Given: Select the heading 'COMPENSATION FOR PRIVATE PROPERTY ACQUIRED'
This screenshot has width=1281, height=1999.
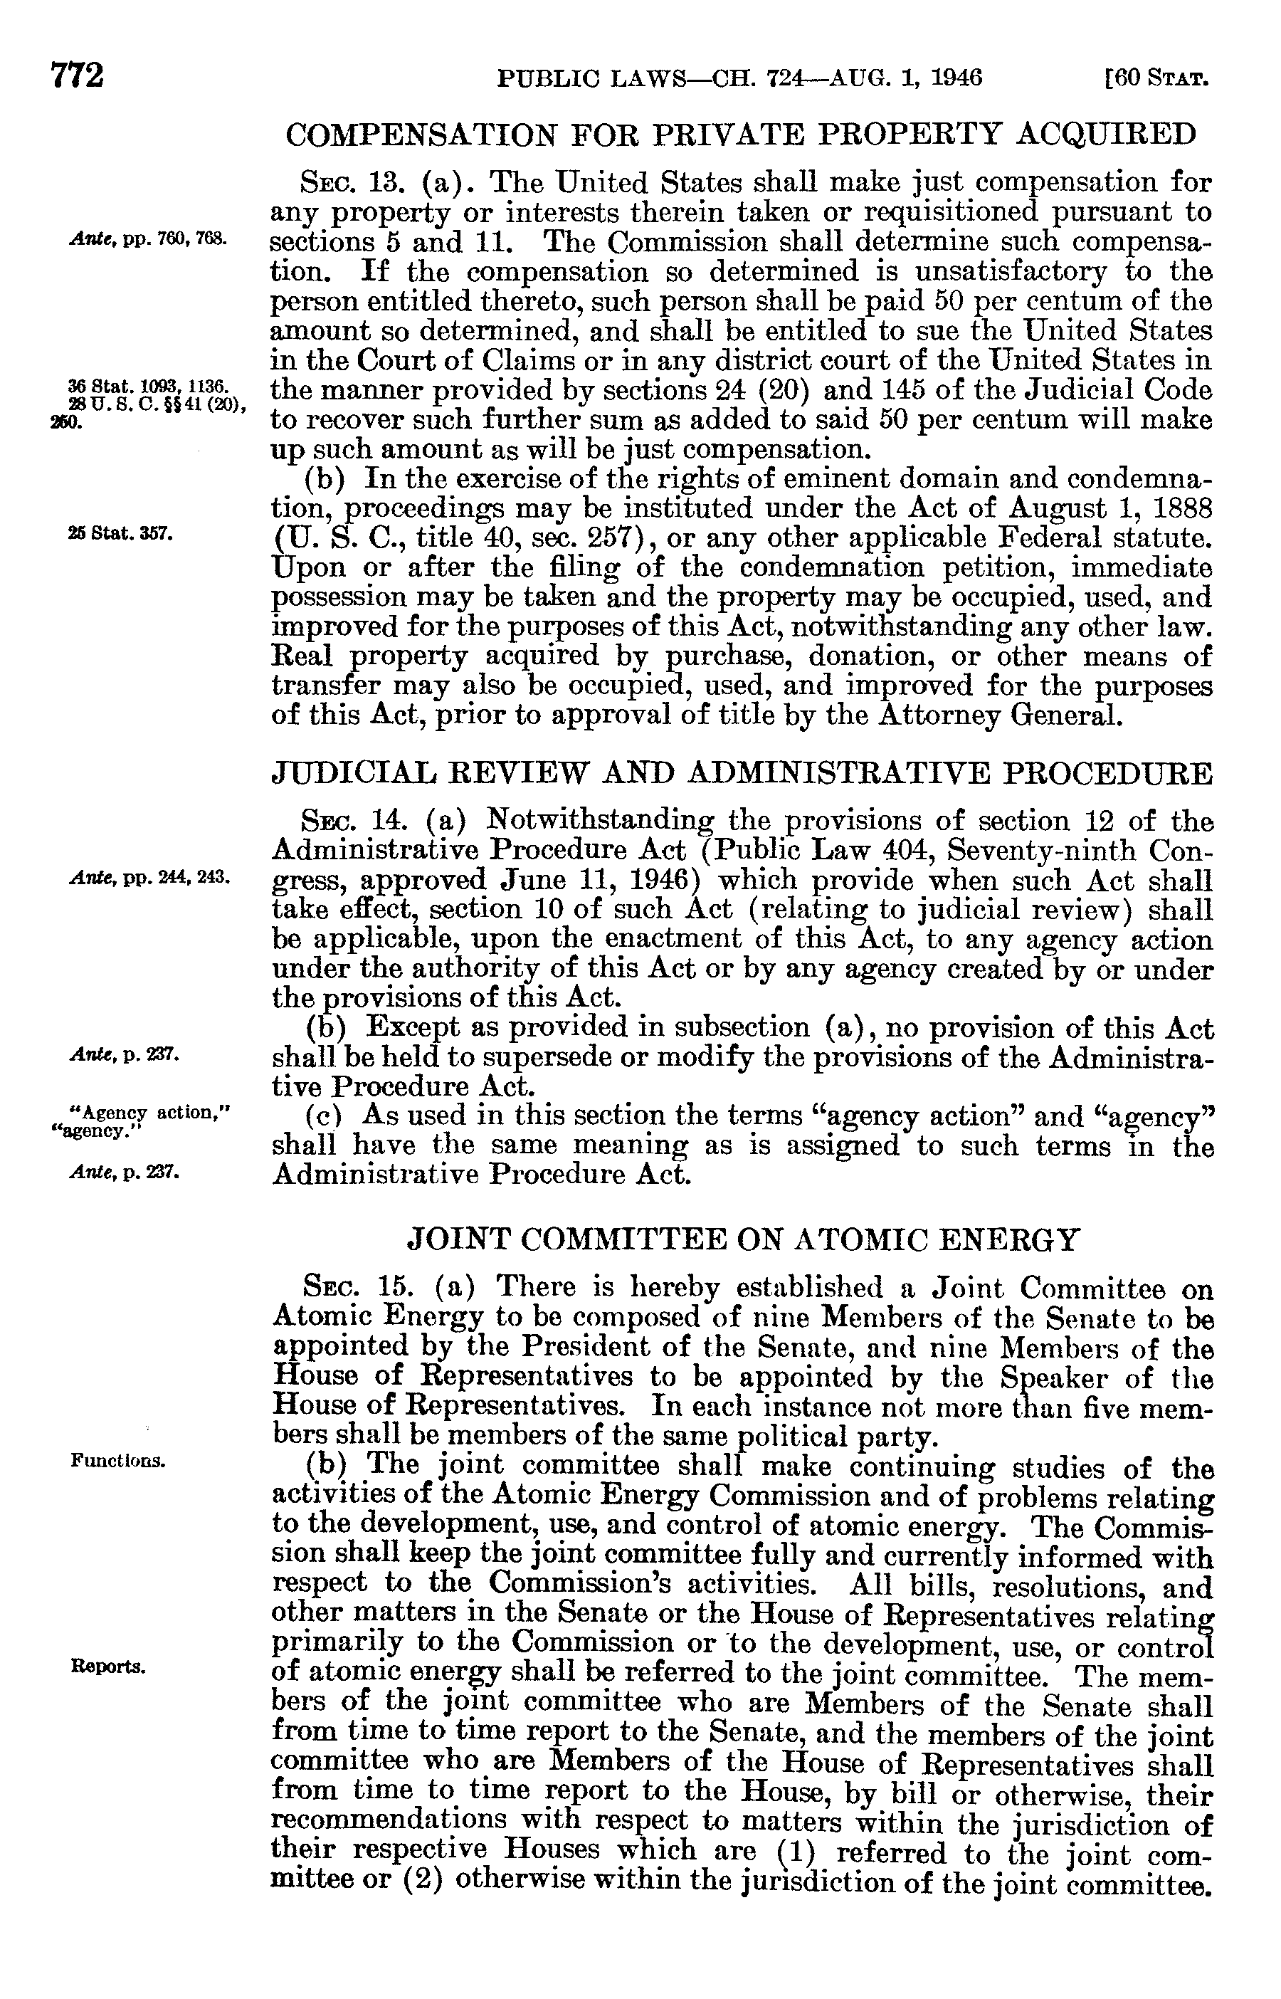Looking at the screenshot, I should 740,134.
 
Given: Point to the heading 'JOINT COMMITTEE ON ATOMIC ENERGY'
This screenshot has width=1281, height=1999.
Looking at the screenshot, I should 743,1240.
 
